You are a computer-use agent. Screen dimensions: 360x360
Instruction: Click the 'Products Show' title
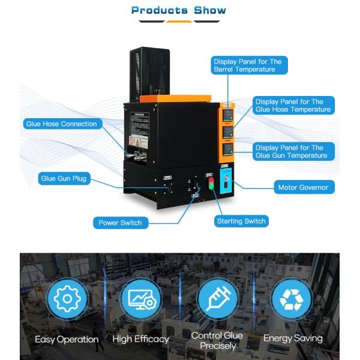click(179, 10)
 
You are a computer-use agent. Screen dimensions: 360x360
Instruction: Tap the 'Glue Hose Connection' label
click(61, 124)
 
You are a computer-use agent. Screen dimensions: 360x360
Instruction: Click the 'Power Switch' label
click(121, 223)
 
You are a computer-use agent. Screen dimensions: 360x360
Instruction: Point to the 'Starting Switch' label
click(241, 221)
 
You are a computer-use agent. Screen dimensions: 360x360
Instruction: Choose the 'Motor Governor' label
click(303, 188)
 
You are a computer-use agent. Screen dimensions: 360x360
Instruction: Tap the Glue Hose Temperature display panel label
click(292, 106)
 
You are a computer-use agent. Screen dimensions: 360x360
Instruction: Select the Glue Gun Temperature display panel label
click(292, 151)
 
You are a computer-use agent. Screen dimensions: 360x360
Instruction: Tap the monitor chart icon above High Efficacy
click(141, 299)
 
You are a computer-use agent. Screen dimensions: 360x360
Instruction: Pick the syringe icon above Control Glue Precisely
click(218, 299)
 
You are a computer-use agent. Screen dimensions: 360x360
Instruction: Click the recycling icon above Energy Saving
click(292, 299)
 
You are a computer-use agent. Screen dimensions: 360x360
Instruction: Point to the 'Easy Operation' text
click(67, 340)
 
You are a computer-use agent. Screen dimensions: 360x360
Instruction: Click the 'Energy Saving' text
click(293, 338)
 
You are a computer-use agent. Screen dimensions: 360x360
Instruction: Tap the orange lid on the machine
click(175, 98)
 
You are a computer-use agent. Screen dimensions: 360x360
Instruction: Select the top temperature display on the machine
click(229, 113)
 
